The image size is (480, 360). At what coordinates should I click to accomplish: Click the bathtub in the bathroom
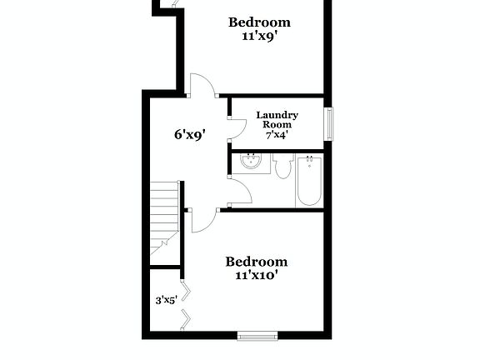(308, 181)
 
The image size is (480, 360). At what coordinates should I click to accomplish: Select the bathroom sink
(249, 162)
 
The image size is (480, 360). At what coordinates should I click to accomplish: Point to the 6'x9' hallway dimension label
(189, 132)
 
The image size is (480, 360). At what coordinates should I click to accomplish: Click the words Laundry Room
(277, 119)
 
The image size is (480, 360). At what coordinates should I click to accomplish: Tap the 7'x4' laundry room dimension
(277, 134)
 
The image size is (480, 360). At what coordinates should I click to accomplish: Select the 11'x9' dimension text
(259, 36)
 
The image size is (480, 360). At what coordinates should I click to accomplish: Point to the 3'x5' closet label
(166, 300)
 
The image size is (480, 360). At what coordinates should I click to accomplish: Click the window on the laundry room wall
(328, 124)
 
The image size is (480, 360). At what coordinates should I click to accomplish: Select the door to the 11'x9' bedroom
(202, 85)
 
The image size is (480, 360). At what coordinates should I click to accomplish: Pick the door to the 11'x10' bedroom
(202, 220)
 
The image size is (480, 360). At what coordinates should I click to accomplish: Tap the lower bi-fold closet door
(188, 318)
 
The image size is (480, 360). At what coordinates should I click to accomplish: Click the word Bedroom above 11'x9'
(259, 22)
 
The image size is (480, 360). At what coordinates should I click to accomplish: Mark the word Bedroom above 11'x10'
(256, 261)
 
